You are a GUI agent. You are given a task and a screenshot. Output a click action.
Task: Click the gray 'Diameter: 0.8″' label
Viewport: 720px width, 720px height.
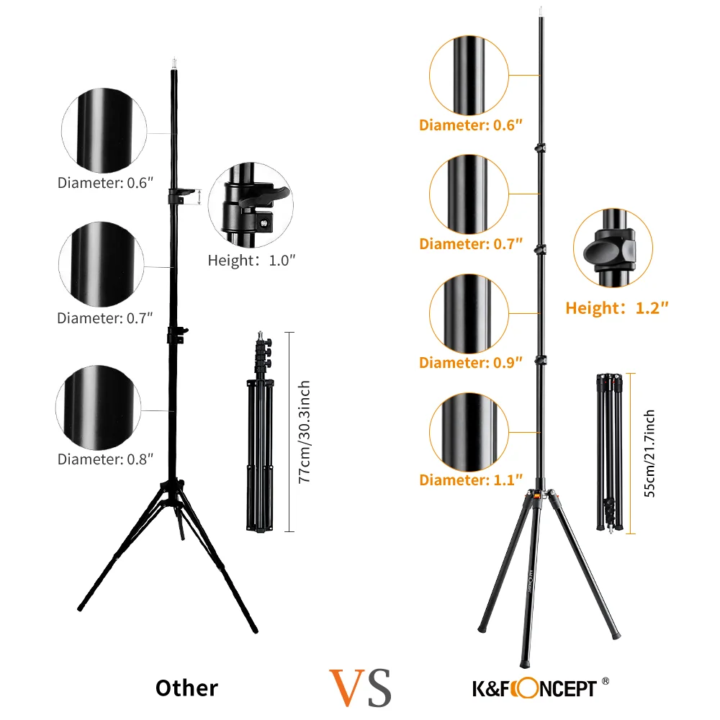[105, 459]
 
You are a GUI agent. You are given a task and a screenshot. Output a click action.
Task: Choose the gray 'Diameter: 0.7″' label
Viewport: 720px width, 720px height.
[105, 318]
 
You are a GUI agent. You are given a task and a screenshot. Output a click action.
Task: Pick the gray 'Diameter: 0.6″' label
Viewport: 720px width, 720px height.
[106, 182]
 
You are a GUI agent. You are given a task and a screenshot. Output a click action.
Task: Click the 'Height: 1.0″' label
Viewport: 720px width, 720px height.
[252, 261]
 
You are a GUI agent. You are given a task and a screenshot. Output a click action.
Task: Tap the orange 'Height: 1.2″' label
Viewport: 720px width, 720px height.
[617, 308]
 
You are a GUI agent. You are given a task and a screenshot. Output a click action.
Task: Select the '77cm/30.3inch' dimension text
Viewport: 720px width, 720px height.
[305, 432]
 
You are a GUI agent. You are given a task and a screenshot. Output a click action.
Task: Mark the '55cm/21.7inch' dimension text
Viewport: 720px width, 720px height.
[649, 454]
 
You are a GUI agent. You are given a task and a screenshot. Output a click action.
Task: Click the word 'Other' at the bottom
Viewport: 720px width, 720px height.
[186, 688]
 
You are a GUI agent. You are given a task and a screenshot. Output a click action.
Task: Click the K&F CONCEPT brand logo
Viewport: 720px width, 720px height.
[535, 687]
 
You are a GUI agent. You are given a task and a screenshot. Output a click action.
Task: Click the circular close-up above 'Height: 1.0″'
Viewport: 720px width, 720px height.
[251, 206]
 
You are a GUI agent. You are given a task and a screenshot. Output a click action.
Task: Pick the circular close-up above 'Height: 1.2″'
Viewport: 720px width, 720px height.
[613, 248]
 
